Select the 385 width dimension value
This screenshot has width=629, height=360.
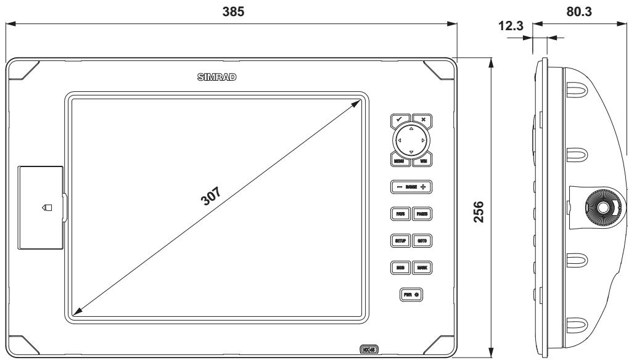229,11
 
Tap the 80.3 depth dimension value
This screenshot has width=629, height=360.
579,11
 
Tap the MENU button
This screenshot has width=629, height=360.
399,162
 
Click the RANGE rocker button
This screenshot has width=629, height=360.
411,186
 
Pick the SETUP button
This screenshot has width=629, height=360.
399,240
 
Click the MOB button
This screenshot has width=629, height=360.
399,268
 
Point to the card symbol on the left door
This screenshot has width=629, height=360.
47,208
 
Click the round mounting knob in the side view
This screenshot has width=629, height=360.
596,207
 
